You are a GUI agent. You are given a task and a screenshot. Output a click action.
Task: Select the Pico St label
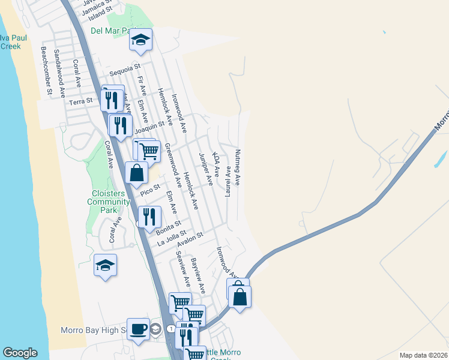tap(149, 190)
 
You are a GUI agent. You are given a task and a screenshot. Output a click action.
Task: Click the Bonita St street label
tap(169, 227)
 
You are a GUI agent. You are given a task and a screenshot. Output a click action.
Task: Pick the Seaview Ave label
tap(183, 268)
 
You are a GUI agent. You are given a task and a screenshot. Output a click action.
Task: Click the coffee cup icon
tap(138, 329)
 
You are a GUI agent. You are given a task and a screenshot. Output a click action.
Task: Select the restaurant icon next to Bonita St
tap(149, 216)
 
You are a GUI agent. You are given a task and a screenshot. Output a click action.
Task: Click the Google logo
tap(20, 353)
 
